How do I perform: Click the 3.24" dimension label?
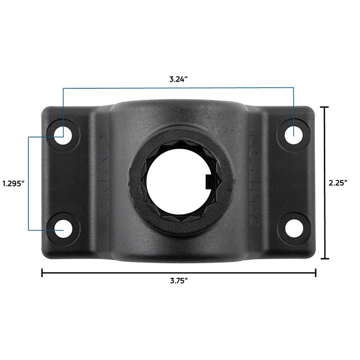[x=179, y=79]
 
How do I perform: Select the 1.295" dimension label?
[x=13, y=183]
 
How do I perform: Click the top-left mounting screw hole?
[x=63, y=136]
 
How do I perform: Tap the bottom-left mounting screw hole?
[x=63, y=229]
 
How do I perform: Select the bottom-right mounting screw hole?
[x=294, y=229]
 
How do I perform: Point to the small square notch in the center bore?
[x=208, y=182]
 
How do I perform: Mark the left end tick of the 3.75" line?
[x=42, y=273]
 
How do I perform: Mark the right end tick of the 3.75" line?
[x=315, y=273]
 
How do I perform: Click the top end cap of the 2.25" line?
[x=324, y=107]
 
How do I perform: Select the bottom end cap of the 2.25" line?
[x=324, y=258]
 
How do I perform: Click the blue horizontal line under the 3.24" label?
[x=179, y=88]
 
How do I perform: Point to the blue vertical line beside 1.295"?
[x=29, y=183]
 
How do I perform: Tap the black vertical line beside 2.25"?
[x=324, y=150]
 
